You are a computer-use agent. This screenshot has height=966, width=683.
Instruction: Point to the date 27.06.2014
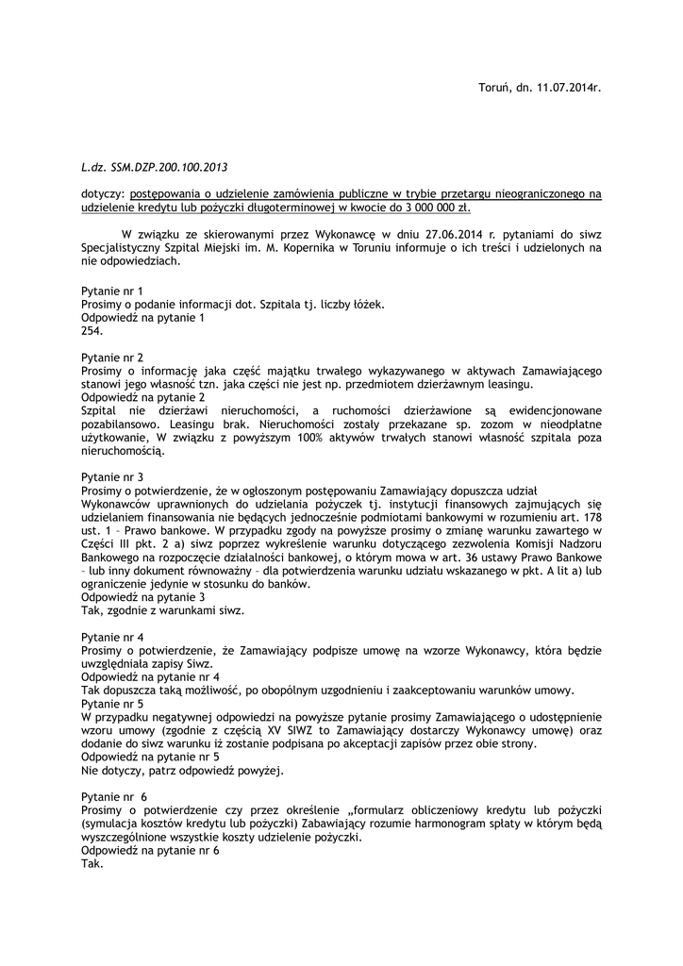(x=421, y=235)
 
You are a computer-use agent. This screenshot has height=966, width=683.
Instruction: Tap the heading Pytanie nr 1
(x=112, y=291)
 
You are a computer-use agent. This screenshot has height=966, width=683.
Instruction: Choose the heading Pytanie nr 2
(x=112, y=358)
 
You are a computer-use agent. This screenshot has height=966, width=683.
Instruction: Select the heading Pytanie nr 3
(x=112, y=477)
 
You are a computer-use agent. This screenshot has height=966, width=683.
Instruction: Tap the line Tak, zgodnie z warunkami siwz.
(x=162, y=610)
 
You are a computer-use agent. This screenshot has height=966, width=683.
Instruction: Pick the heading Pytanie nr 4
(x=112, y=637)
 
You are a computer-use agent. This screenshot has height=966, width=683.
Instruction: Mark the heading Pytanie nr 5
(x=112, y=704)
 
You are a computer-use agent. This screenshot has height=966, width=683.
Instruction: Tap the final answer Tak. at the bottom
(x=92, y=863)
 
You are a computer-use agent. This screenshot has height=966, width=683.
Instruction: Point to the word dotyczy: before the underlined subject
(x=103, y=194)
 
